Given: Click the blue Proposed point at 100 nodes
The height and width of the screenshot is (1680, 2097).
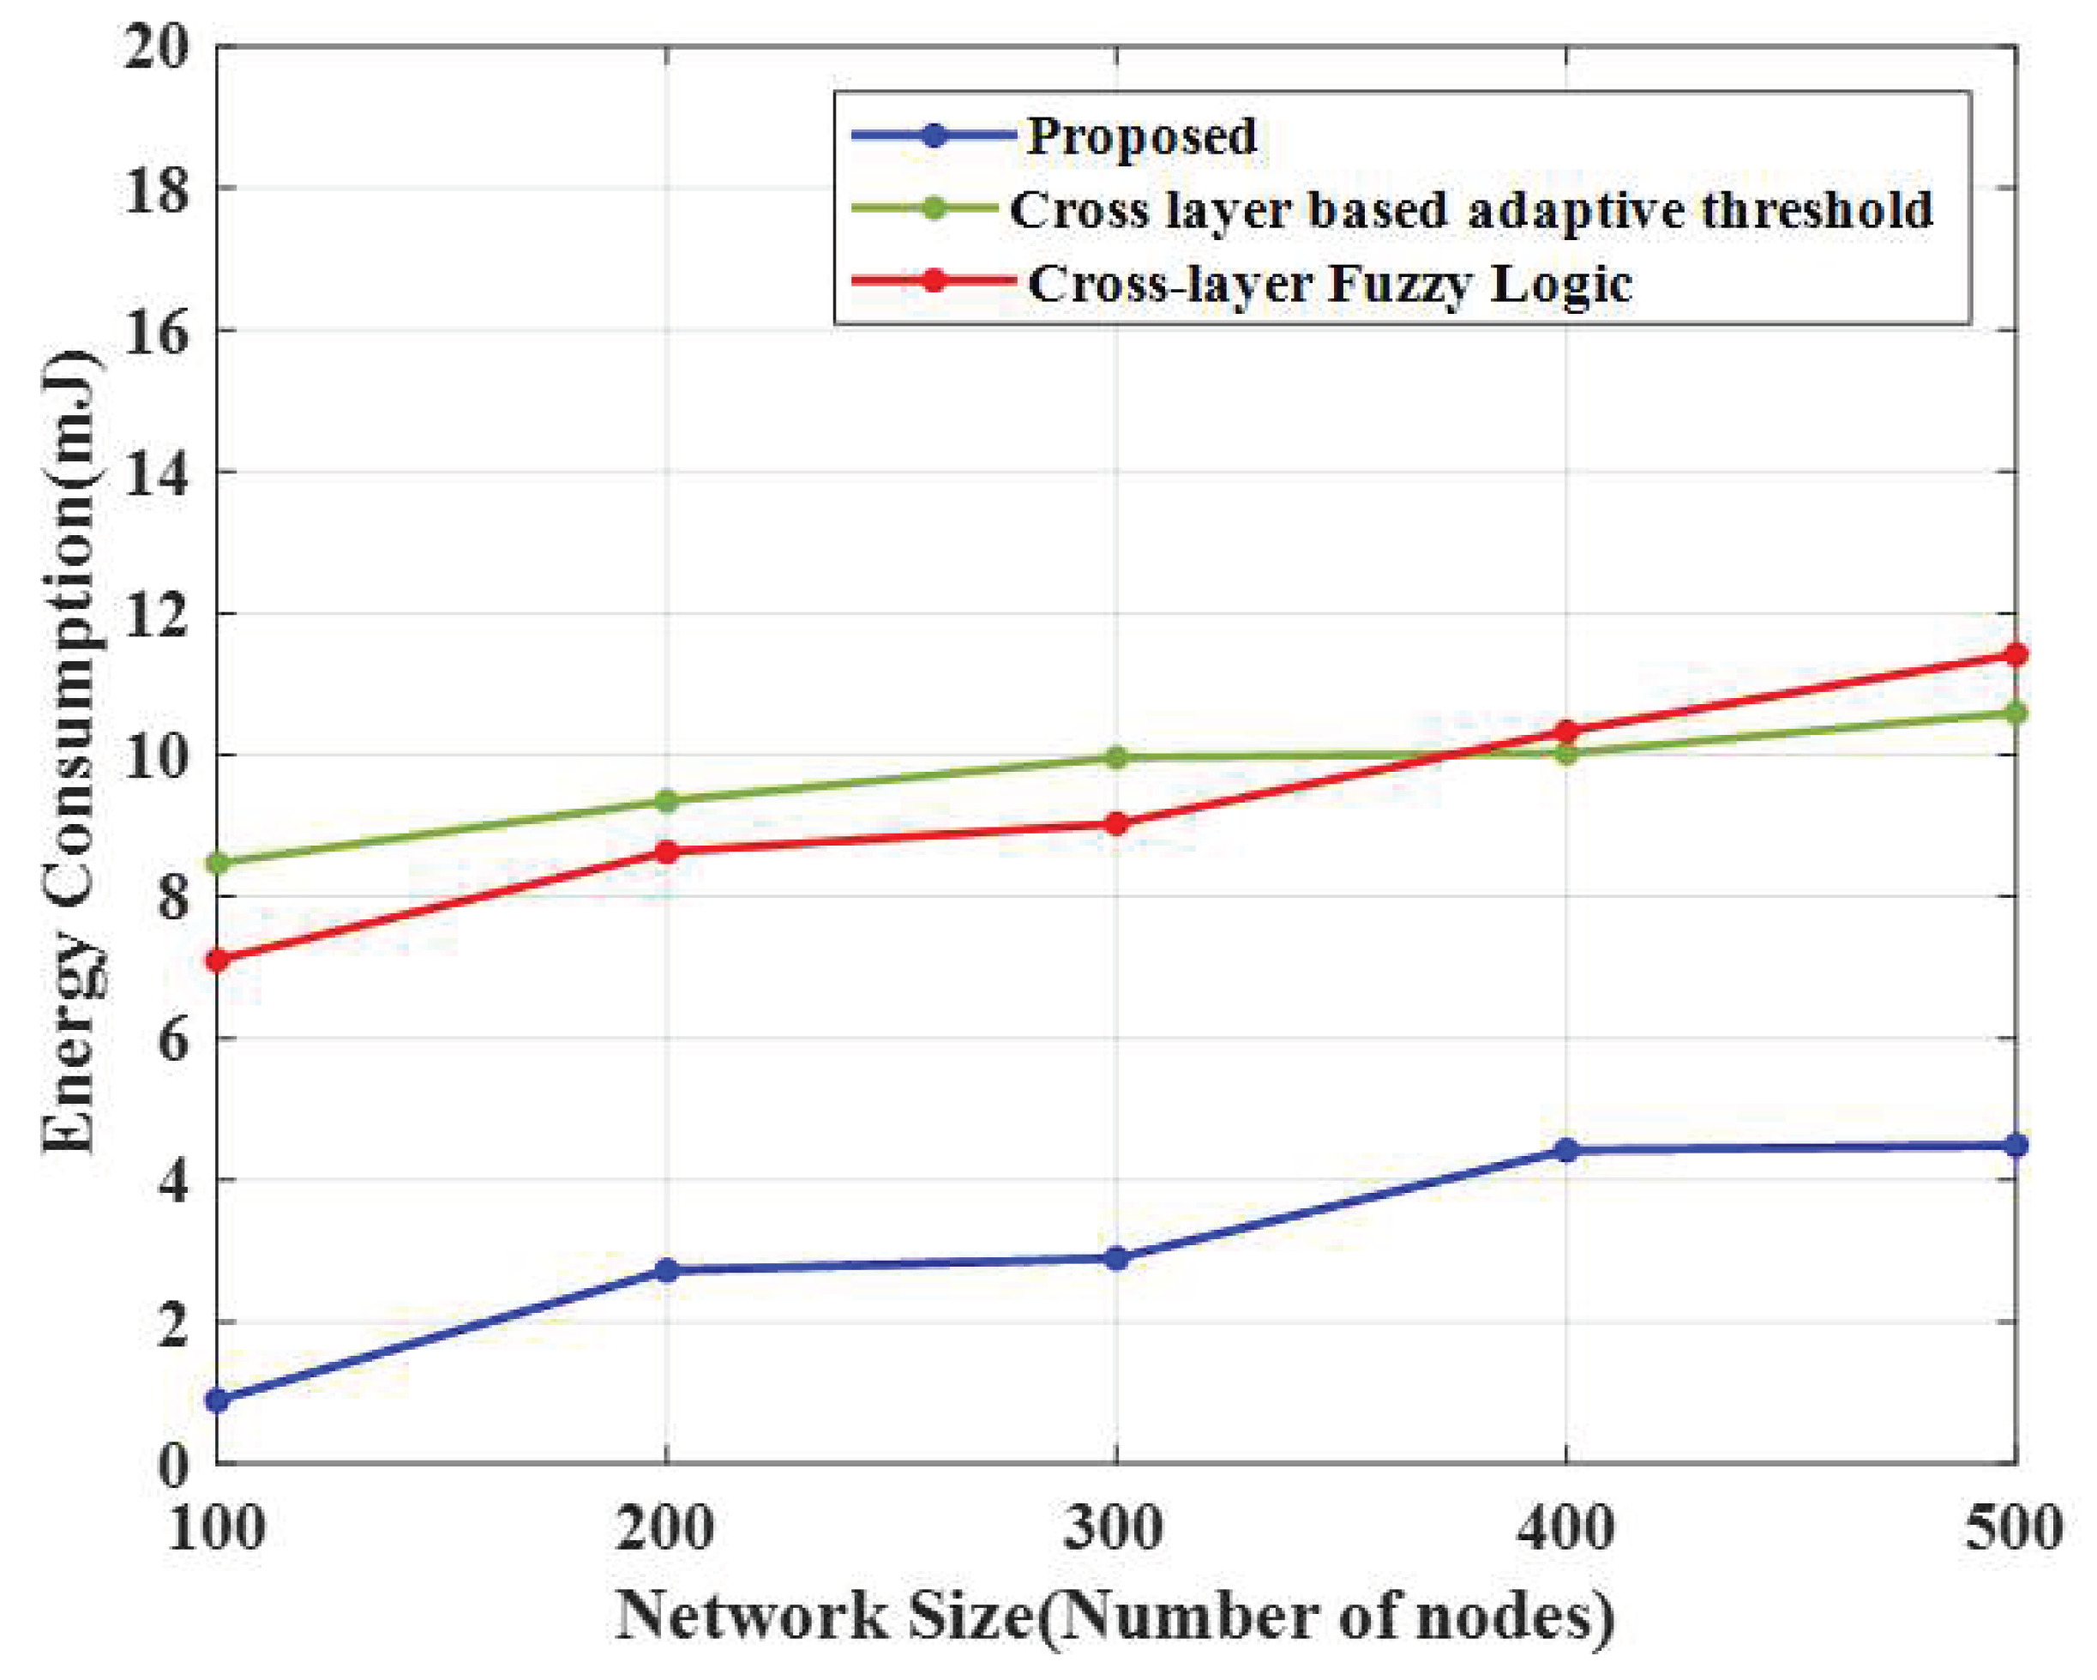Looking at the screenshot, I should pos(218,1400).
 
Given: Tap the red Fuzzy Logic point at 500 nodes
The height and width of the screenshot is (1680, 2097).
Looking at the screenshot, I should pos(2016,653).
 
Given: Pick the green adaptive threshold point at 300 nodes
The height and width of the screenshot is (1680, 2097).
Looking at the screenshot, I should pos(1116,758).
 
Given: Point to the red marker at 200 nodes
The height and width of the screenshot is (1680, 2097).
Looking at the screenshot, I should pos(666,852).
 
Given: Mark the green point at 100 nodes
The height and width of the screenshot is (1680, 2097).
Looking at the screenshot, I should pos(218,863).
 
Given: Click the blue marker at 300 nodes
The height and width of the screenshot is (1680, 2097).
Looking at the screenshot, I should pos(1116,1259).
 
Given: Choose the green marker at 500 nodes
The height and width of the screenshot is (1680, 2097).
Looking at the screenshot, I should pos(2016,713).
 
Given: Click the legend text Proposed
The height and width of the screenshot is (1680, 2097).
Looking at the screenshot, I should pos(1142,136).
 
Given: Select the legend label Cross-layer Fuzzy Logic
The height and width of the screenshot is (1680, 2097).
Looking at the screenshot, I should pos(1330,284).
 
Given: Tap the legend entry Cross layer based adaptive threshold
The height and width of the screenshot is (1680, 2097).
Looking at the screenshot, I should pos(1470,210).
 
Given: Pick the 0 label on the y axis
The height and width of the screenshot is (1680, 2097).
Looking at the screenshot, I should pos(173,1465).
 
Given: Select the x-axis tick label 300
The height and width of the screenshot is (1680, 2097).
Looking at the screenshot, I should pos(1114,1529).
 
